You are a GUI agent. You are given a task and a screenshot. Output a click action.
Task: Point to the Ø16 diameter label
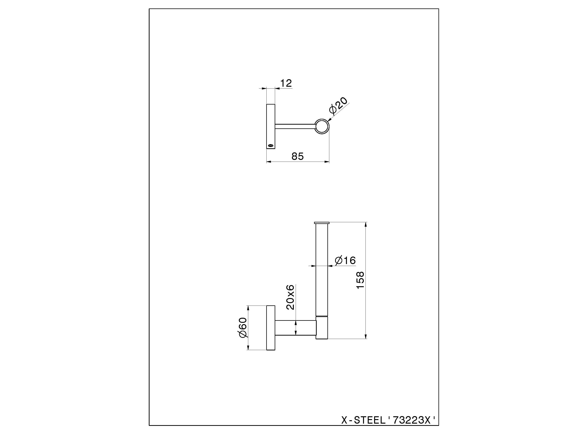coord(345,261)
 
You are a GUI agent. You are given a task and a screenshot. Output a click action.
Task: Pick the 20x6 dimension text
coord(290,297)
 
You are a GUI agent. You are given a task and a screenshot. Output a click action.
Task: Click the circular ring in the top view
coord(322,127)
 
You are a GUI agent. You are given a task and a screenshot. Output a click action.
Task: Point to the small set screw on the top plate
coord(270,145)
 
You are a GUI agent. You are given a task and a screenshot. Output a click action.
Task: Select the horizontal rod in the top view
coord(295,127)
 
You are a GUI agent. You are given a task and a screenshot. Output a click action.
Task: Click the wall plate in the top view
coord(271,127)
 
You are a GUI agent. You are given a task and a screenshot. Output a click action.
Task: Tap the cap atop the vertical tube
coord(322,223)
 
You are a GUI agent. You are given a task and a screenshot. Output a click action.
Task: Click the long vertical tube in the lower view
coord(322,270)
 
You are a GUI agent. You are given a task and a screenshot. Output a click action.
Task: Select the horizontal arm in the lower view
coord(296,328)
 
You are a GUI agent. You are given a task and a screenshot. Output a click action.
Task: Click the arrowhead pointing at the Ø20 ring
coord(329,122)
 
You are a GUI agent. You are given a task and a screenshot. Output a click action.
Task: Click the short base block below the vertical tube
coord(322,328)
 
